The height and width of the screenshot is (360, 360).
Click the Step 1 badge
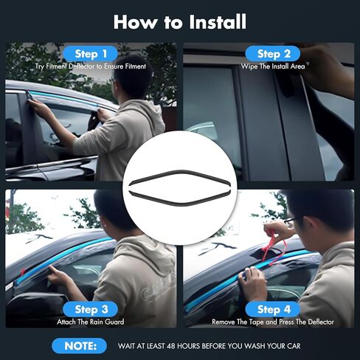(x=91, y=54)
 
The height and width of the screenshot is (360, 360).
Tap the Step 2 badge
(x=273, y=54)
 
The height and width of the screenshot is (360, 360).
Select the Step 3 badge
(x=91, y=309)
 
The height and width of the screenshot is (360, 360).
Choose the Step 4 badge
(x=273, y=309)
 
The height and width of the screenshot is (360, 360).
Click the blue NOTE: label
(x=79, y=346)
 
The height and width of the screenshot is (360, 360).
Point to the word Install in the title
(x=218, y=22)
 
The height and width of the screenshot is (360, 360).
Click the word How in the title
(x=135, y=22)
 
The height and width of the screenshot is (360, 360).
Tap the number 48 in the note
(x=171, y=346)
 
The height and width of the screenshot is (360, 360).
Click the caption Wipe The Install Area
(x=273, y=66)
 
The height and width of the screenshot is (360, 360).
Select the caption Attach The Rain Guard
(x=91, y=322)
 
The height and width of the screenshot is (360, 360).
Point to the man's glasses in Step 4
(x=290, y=221)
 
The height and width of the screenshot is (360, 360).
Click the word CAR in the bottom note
(x=294, y=346)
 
